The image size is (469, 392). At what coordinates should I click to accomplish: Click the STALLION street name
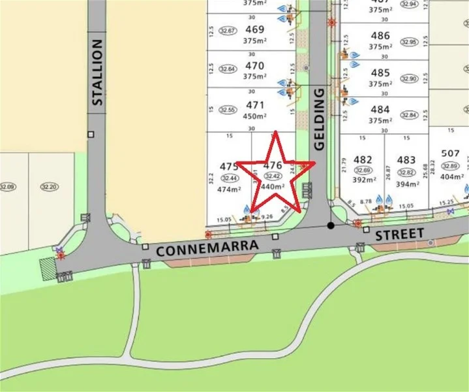point(97,72)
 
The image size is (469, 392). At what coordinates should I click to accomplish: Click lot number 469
point(255,29)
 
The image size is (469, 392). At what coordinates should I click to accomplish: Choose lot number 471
point(255,105)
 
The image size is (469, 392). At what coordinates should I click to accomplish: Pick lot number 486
point(380,35)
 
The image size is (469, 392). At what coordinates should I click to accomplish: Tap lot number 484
point(380,109)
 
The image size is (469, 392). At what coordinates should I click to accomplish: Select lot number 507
point(450,154)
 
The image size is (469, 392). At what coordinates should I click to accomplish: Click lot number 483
point(406,160)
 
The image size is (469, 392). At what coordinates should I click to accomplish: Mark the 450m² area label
point(255,116)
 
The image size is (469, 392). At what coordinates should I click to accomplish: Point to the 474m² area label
point(229,189)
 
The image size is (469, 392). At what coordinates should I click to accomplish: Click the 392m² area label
point(363,182)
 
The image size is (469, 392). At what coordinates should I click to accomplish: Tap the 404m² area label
point(451,177)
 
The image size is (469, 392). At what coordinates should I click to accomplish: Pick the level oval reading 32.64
point(228,69)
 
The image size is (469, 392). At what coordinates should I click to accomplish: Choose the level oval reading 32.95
point(409,42)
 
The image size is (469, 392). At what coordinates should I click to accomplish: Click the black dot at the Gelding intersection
point(331,226)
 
